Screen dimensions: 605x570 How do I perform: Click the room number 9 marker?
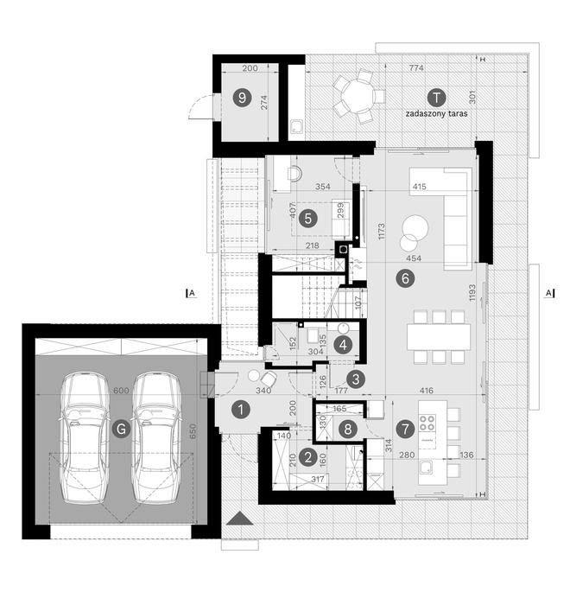click(x=240, y=98)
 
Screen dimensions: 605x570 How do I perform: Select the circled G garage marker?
click(x=123, y=428)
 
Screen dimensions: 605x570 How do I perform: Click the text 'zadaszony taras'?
click(x=435, y=113)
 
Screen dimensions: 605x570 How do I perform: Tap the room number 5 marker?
click(x=307, y=219)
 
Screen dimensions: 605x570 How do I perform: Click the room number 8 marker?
click(x=346, y=427)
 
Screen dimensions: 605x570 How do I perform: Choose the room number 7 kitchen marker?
click(x=403, y=427)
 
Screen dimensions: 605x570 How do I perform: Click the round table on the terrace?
click(x=356, y=97)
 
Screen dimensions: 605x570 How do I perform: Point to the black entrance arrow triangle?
click(x=239, y=519)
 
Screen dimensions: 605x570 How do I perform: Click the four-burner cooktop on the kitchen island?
click(x=428, y=423)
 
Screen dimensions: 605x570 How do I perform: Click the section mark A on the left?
click(x=191, y=294)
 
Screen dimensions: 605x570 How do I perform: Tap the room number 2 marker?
click(x=308, y=457)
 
